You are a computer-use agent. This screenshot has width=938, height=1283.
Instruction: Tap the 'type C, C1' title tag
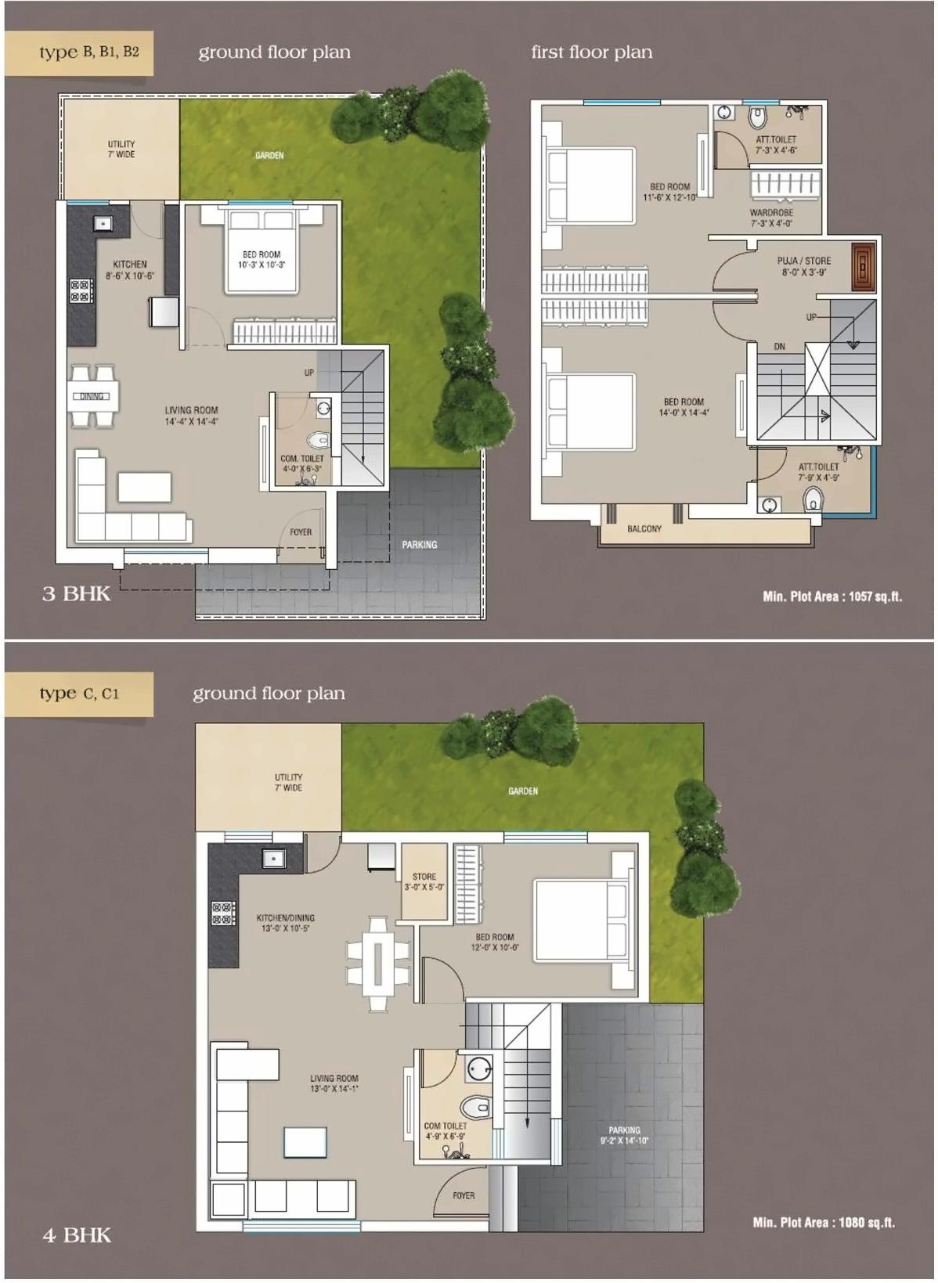79,694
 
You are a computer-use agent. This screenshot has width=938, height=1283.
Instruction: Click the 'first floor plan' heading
591,52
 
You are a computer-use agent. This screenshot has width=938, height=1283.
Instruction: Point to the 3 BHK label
76,593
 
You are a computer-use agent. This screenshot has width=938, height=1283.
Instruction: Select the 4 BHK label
76,1235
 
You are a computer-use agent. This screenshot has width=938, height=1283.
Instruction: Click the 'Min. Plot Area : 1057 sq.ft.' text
832,596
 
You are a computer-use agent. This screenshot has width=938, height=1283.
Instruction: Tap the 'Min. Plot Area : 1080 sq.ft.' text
823,1222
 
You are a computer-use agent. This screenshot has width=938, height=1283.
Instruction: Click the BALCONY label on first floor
644,529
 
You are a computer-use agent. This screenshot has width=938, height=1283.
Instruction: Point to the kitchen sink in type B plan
102,224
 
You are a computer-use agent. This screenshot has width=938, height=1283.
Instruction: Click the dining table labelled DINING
93,396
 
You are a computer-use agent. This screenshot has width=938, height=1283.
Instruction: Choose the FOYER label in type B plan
301,532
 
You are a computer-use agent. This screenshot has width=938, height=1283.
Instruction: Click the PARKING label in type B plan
420,545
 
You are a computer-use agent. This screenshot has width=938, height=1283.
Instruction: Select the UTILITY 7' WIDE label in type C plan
288,783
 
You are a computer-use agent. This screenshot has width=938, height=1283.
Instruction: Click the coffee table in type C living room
305,1141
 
